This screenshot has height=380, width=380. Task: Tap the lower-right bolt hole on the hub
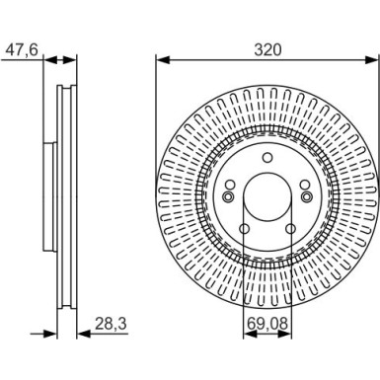(287, 230)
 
